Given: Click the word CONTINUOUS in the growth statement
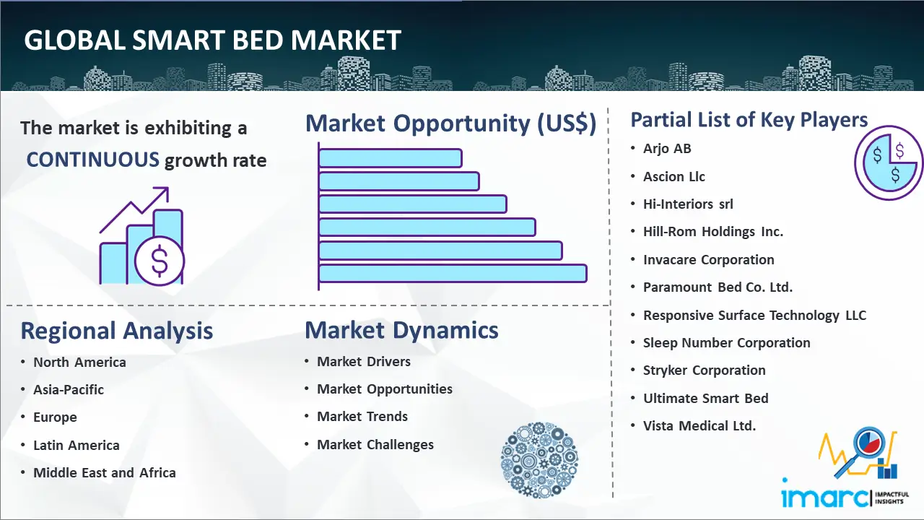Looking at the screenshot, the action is pyautogui.click(x=92, y=160).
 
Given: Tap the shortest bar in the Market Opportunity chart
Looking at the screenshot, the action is pyautogui.click(x=391, y=158).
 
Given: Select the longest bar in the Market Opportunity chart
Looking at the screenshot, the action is pyautogui.click(x=453, y=274).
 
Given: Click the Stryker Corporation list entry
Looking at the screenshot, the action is pyautogui.click(x=704, y=370).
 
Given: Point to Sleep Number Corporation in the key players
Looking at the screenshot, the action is pyautogui.click(x=726, y=342).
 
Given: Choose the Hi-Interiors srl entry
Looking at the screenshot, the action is pyautogui.click(x=688, y=204).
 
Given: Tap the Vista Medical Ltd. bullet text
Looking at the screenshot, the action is pyautogui.click(x=699, y=425).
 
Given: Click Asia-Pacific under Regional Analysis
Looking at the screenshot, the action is pyautogui.click(x=69, y=389).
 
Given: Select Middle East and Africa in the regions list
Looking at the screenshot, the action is pyautogui.click(x=105, y=472).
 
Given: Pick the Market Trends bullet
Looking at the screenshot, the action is pyautogui.click(x=362, y=417).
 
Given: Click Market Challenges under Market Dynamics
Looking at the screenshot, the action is pyautogui.click(x=375, y=444).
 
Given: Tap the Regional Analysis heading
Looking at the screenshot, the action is pyautogui.click(x=117, y=331).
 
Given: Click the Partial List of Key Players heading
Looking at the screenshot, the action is pyautogui.click(x=749, y=120).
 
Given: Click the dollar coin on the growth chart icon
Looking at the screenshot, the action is pyautogui.click(x=160, y=261).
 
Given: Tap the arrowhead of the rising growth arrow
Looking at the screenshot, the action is pyautogui.click(x=163, y=193).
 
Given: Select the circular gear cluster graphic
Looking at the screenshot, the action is pyautogui.click(x=539, y=460).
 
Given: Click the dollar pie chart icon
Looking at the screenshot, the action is pyautogui.click(x=889, y=163).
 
